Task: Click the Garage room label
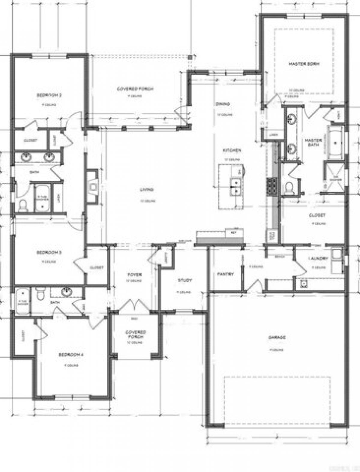[x=277, y=338]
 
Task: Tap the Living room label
[x=147, y=189]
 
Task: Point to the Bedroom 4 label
[x=70, y=355]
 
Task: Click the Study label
[x=184, y=281]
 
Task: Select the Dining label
[x=223, y=104]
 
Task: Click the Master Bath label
[x=313, y=142]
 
